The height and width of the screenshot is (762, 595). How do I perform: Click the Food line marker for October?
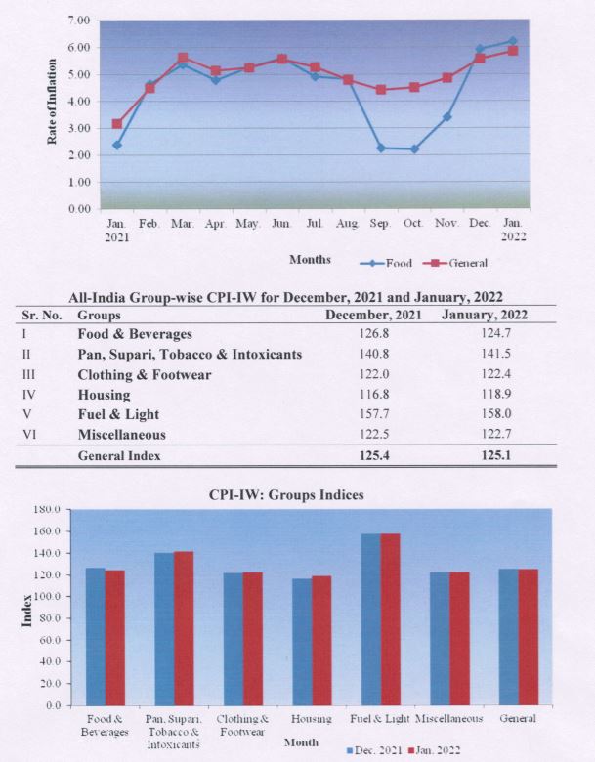414,148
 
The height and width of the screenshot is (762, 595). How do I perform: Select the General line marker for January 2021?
117,124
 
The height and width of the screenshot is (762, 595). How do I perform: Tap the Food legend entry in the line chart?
387,262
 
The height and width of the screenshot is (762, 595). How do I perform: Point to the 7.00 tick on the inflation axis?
80,21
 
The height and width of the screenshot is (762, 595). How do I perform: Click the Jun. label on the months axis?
281,224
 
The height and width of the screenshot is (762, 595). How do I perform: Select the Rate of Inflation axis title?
53,101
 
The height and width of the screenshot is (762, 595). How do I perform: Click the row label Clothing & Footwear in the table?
144,374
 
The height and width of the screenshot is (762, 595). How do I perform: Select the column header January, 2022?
486,315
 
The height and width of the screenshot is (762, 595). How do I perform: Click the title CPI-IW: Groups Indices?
286,495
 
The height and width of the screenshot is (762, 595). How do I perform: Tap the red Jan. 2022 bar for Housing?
320,640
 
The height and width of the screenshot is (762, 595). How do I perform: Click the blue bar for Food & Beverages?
95,636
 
